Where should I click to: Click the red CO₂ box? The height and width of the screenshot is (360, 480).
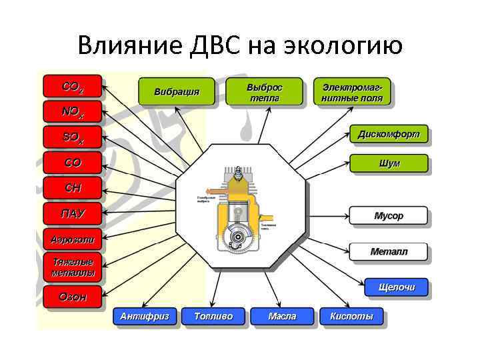point(72,86)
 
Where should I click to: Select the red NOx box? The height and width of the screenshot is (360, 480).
point(72,112)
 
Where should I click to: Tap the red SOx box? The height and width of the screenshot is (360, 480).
point(72,137)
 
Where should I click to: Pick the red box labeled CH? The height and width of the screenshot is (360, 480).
point(72,188)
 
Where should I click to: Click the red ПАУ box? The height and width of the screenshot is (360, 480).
point(72,213)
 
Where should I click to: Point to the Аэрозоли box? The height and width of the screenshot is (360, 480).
point(72,239)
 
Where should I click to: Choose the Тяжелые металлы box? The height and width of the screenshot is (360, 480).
point(72,267)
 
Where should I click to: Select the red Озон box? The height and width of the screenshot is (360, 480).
point(72,297)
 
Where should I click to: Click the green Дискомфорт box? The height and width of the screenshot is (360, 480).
point(389,134)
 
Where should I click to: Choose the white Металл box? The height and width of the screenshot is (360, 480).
point(389,252)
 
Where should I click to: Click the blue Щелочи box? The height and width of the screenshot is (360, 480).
point(396,287)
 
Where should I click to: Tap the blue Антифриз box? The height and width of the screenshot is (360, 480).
point(144,316)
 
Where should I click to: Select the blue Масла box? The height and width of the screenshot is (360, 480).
point(281,316)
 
